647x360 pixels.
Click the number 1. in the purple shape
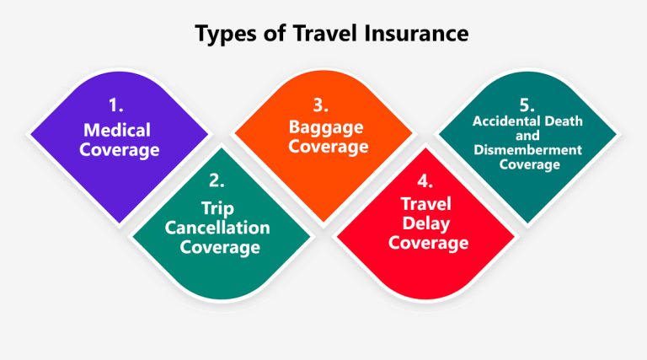point(115,107)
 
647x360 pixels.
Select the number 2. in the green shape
point(217,180)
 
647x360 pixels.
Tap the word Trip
point(217,207)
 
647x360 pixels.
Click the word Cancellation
point(217,227)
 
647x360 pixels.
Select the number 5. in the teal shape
point(527,105)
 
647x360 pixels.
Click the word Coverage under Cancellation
point(217,247)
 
